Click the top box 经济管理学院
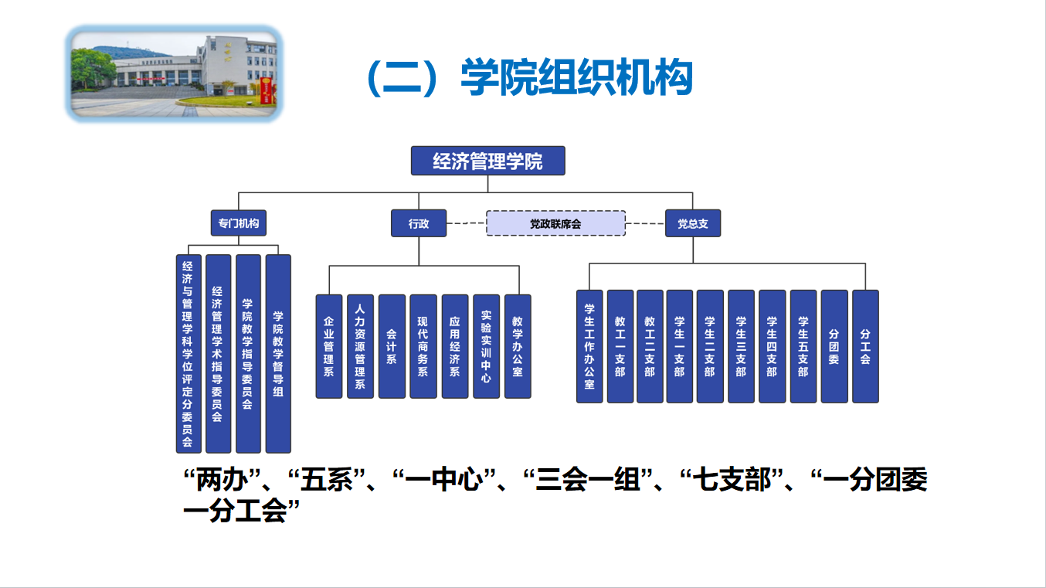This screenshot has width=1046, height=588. click(x=488, y=161)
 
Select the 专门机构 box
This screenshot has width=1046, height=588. click(x=239, y=223)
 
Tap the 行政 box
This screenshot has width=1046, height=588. click(x=419, y=223)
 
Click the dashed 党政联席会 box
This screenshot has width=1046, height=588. click(x=555, y=223)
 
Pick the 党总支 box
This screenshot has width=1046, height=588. click(x=693, y=223)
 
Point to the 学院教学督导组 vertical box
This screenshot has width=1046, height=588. click(x=278, y=354)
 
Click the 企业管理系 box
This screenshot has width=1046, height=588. click(x=329, y=346)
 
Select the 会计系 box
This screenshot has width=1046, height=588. click(x=392, y=346)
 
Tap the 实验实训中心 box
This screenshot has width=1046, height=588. click(x=487, y=346)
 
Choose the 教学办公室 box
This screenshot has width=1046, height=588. click(x=518, y=346)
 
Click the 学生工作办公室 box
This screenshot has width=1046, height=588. click(x=589, y=346)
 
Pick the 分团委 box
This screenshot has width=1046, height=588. click(x=834, y=346)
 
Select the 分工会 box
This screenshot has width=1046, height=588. click(x=866, y=346)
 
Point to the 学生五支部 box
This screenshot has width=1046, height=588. click(x=803, y=346)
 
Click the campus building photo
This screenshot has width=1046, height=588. click(x=174, y=74)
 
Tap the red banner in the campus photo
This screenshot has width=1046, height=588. click(x=266, y=91)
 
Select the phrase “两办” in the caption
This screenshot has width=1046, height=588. click(x=222, y=480)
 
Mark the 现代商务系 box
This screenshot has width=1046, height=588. click(x=423, y=346)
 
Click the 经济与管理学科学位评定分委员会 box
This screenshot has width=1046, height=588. click(x=188, y=354)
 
